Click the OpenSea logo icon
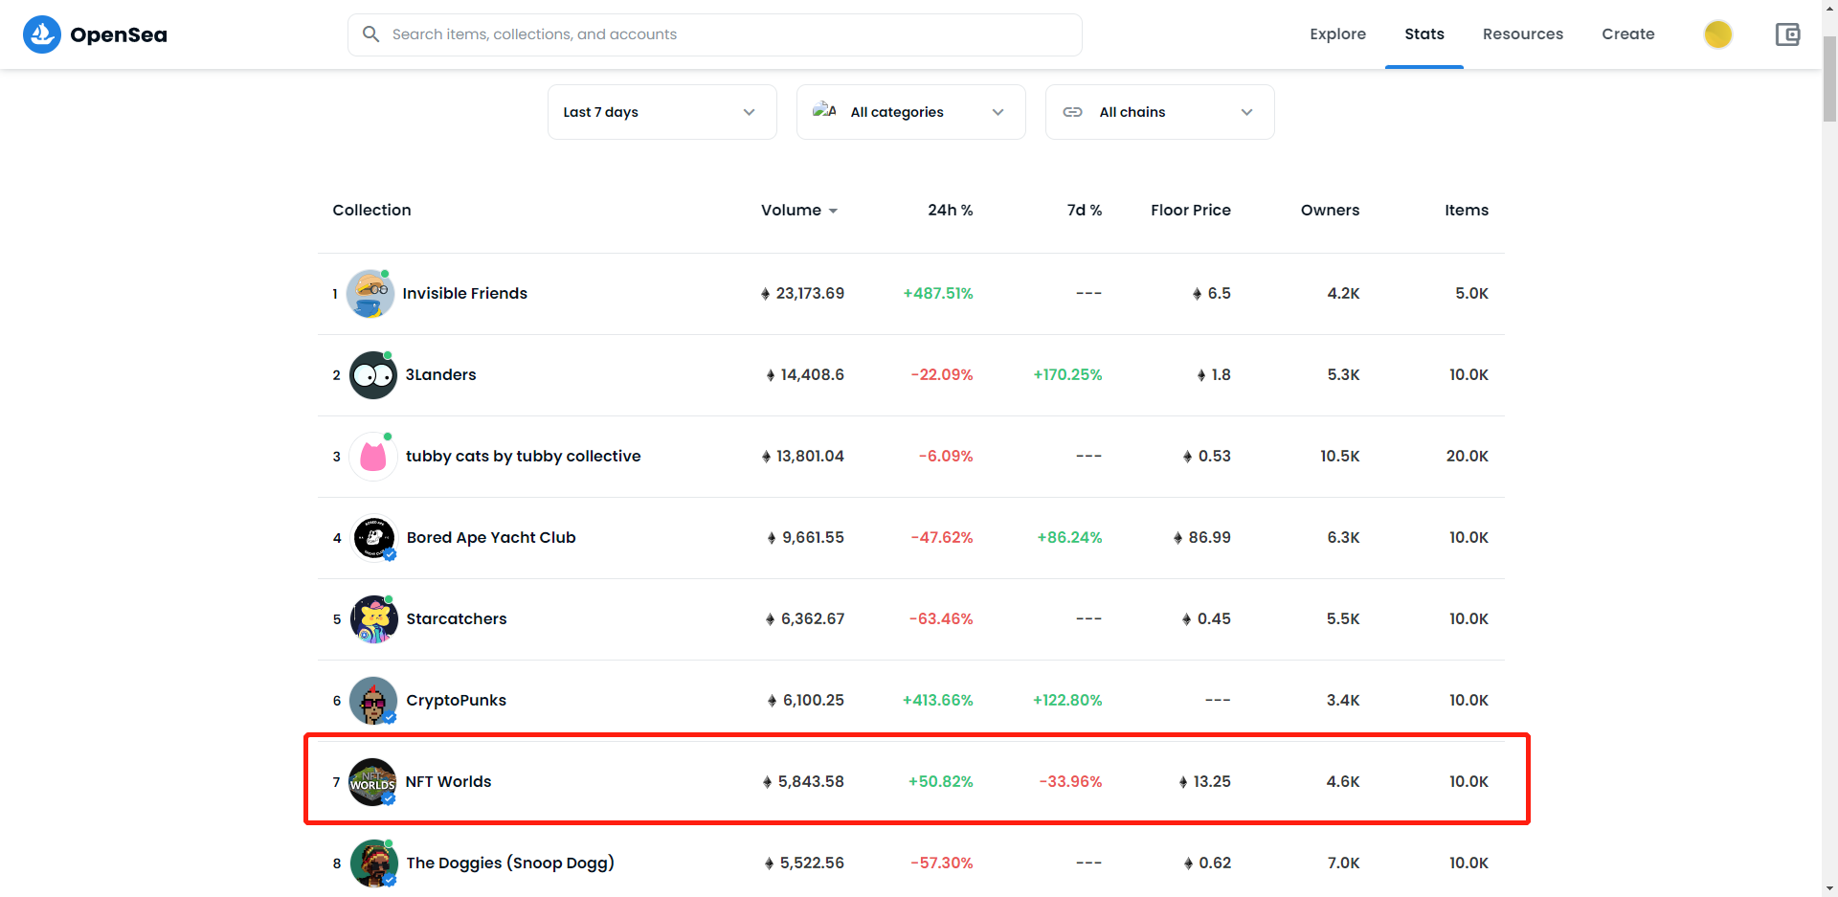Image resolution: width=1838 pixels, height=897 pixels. [41, 34]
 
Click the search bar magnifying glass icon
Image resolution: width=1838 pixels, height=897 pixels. [370, 34]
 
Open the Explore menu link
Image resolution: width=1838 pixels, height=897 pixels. [1337, 34]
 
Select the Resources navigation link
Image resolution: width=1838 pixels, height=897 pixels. [1522, 34]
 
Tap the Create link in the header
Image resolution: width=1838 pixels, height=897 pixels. [1627, 34]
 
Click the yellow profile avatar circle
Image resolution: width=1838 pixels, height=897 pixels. [1717, 34]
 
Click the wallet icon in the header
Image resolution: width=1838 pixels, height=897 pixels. [1787, 34]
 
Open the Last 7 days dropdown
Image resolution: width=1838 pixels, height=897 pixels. [661, 112]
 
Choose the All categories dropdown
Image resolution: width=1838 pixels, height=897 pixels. [910, 112]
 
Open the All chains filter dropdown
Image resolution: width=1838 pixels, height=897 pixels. [1159, 112]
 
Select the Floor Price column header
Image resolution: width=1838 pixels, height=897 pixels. [1191, 211]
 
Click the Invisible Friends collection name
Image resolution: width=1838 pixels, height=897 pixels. [464, 294]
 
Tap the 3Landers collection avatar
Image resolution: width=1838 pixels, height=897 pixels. [372, 375]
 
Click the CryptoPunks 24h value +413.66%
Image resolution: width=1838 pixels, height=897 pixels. [937, 701]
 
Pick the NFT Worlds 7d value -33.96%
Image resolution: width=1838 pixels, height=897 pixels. [1070, 782]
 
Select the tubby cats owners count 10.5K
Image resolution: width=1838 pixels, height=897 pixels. [1339, 457]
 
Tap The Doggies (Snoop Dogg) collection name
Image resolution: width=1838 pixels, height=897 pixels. [510, 863]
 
